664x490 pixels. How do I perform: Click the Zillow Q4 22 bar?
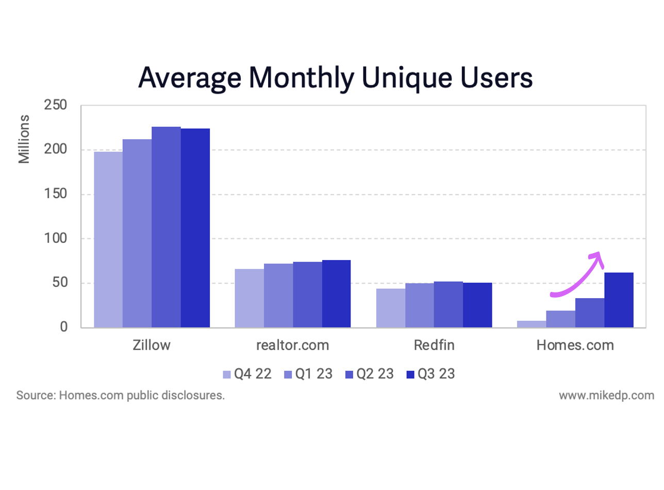108,239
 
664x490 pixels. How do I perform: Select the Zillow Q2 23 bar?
166,227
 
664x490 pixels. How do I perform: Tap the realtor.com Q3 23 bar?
336,293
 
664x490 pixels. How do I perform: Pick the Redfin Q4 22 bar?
391,307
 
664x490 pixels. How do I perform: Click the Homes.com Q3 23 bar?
619,300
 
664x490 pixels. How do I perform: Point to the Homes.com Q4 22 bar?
532,324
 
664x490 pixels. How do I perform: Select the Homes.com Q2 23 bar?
590,313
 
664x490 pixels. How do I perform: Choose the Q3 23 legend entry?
430,374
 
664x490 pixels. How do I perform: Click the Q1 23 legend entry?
308,374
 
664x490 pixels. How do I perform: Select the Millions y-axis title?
24,139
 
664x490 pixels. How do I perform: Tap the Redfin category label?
434,345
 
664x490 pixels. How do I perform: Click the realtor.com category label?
292,345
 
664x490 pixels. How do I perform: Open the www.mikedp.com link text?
606,396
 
